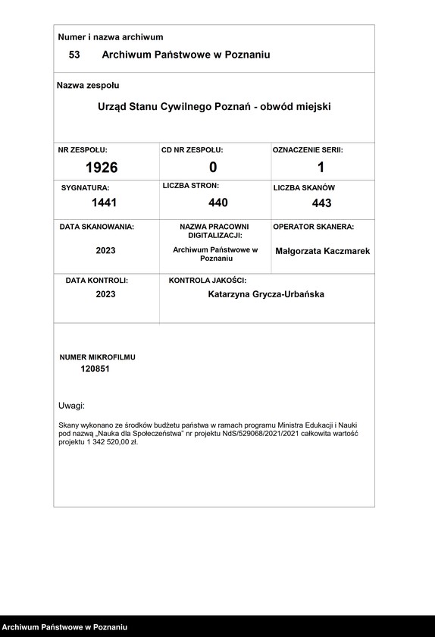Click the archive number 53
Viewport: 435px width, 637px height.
tap(74, 55)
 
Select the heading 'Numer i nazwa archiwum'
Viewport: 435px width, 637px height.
tap(111, 37)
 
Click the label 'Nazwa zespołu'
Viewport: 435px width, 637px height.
tap(88, 86)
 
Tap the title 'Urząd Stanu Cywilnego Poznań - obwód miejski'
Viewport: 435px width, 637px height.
tap(214, 107)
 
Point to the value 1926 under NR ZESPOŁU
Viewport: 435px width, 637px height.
tap(102, 168)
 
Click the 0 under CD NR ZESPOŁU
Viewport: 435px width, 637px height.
tap(213, 168)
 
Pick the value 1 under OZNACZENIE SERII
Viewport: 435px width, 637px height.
tap(321, 168)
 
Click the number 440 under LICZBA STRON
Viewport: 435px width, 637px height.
tap(218, 202)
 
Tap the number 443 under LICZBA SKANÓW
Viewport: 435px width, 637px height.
tap(321, 203)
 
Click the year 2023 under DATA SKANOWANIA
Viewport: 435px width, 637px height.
tap(105, 250)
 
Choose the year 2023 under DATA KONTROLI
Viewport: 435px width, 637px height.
tap(105, 294)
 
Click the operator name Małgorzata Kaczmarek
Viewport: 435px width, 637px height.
tap(323, 250)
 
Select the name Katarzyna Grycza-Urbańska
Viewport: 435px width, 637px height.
tap(266, 294)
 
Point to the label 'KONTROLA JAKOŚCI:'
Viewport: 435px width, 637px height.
tap(208, 281)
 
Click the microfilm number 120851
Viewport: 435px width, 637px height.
tap(96, 369)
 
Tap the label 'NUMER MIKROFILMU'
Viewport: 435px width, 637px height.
tap(97, 356)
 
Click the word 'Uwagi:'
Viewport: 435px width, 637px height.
tap(72, 406)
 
